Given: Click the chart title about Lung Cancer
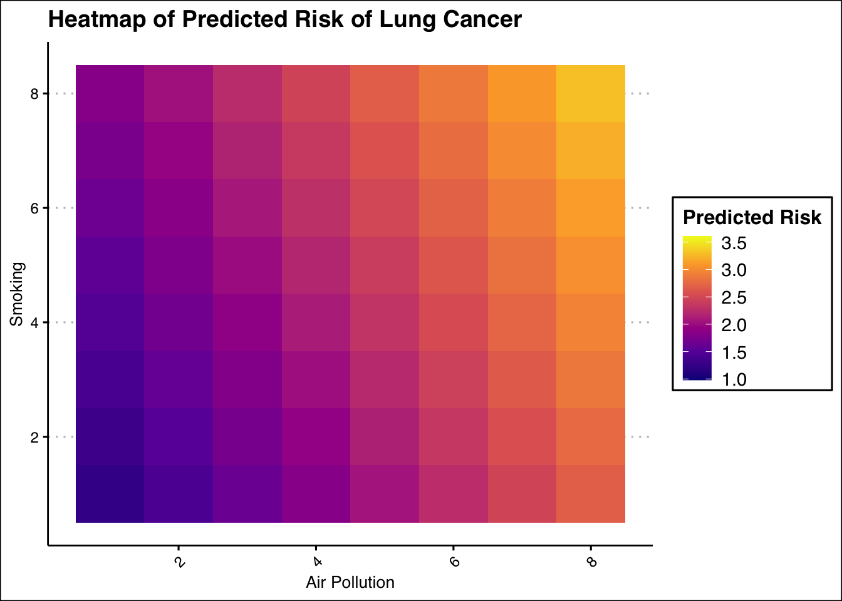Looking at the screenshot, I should pyautogui.click(x=284, y=20).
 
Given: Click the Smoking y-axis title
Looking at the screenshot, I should pyautogui.click(x=17, y=294).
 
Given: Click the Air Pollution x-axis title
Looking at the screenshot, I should pyautogui.click(x=350, y=582).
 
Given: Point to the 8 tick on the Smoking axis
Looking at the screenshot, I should pyautogui.click(x=34, y=94).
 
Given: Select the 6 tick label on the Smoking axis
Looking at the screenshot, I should pyautogui.click(x=34, y=208).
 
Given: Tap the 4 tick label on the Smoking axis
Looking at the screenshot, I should pyautogui.click(x=34, y=323).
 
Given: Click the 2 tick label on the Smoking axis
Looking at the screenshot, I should pyautogui.click(x=34, y=437).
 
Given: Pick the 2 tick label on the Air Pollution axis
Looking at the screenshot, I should pyautogui.click(x=179, y=562).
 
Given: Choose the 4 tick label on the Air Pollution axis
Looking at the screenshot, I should pyautogui.click(x=317, y=562).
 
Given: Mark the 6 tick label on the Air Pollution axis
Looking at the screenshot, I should pyautogui.click(x=455, y=562).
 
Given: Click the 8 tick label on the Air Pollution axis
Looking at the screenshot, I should pyautogui.click(x=592, y=562).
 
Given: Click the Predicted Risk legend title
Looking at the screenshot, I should pyautogui.click(x=752, y=217).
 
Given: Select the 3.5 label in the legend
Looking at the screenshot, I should pyautogui.click(x=734, y=243).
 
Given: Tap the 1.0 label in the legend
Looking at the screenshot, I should pyautogui.click(x=734, y=379).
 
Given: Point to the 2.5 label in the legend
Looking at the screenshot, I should pyautogui.click(x=734, y=298).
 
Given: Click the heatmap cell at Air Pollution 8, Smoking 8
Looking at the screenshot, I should pyautogui.click(x=591, y=94).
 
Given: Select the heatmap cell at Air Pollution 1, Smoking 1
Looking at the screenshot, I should pyautogui.click(x=110, y=494).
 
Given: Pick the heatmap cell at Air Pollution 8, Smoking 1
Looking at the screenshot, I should pyautogui.click(x=591, y=494).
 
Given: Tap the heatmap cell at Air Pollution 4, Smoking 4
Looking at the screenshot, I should pyautogui.click(x=316, y=322).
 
